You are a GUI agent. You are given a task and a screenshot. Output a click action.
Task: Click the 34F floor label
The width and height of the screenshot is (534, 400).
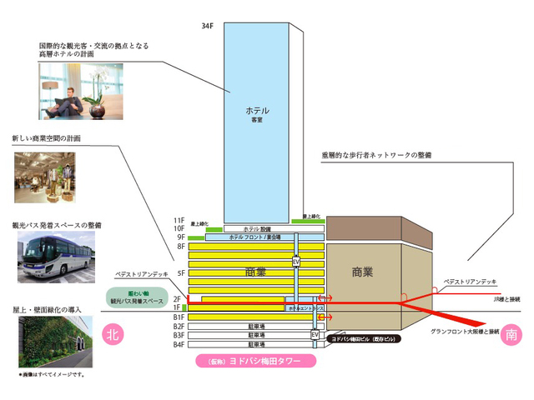coord(208,27)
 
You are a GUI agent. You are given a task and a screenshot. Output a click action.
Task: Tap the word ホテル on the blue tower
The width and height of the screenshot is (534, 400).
coord(256,111)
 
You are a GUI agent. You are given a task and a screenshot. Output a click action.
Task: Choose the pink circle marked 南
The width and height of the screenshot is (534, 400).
coord(510,335)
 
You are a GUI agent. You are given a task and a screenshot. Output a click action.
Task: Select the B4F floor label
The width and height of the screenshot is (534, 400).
coord(179,344)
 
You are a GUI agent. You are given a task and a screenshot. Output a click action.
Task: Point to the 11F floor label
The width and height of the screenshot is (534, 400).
coord(179,219)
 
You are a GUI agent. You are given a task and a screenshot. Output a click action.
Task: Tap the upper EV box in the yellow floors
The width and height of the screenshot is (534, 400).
coord(295,262)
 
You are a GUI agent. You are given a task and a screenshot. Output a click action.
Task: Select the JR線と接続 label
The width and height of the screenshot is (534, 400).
coord(506,298)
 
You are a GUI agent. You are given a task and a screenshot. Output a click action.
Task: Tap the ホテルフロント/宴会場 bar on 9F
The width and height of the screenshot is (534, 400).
coord(256,237)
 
